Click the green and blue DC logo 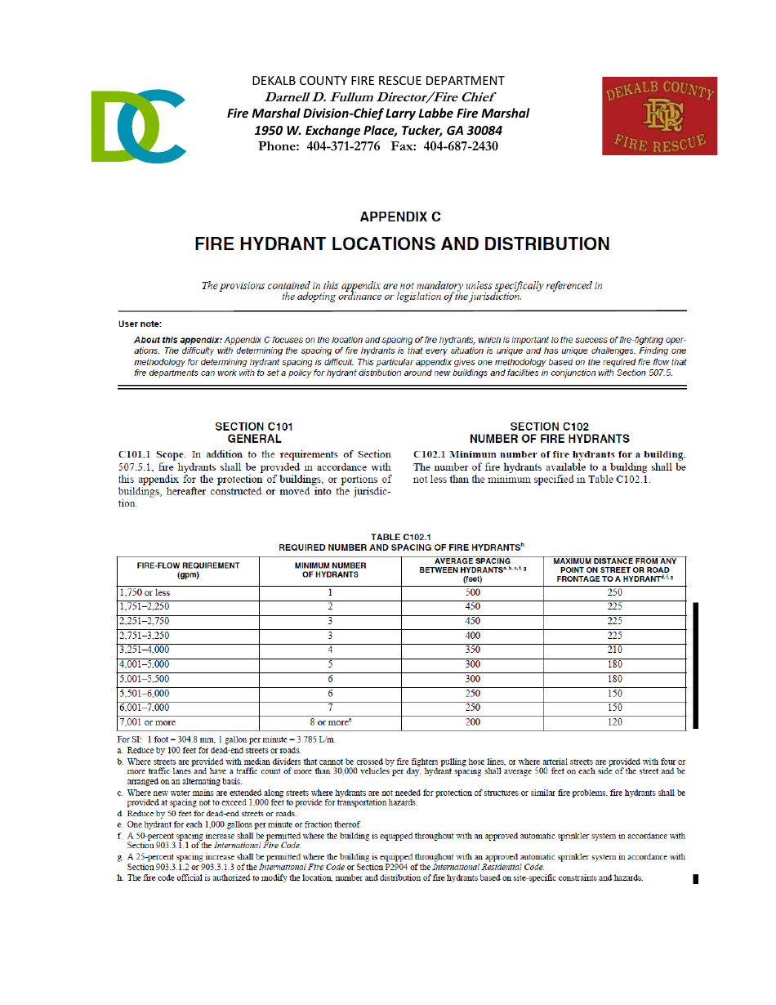pyautogui.click(x=138, y=125)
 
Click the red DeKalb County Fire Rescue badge pyautogui.click(x=659, y=116)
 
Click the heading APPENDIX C pyautogui.click(x=400, y=217)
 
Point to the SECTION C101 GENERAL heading pyautogui.click(x=254, y=432)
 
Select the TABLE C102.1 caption pyautogui.click(x=400, y=542)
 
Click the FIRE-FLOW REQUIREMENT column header pyautogui.click(x=188, y=570)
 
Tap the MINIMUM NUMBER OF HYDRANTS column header pyautogui.click(x=330, y=570)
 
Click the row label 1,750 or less pyautogui.click(x=145, y=593)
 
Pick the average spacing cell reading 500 pyautogui.click(x=472, y=593)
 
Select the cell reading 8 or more pyautogui.click(x=330, y=722)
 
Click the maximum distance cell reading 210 pyautogui.click(x=614, y=650)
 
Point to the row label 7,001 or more pyautogui.click(x=147, y=722)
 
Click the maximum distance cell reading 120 pyautogui.click(x=614, y=722)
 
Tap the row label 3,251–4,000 pyautogui.click(x=145, y=650)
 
